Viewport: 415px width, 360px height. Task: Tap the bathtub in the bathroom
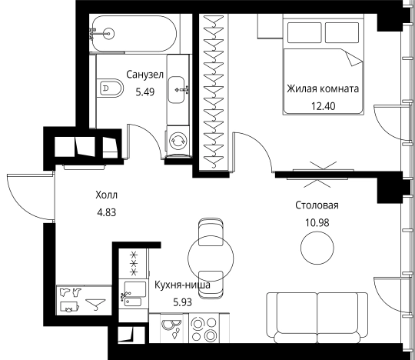(x=134, y=33)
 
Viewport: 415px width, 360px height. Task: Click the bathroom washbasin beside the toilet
(x=177, y=90)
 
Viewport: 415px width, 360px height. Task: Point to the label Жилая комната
(x=323, y=88)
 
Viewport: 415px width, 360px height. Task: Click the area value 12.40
(x=323, y=106)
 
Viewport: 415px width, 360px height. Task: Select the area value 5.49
(x=144, y=92)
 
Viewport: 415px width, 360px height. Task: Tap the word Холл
(x=106, y=195)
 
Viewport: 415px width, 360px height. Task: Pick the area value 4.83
(x=107, y=212)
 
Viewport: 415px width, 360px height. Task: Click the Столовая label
(x=317, y=205)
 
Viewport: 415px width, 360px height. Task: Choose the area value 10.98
(x=317, y=223)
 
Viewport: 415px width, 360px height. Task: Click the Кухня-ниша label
(x=182, y=285)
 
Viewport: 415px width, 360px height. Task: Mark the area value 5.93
(x=183, y=302)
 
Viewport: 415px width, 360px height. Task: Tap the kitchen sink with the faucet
(x=134, y=294)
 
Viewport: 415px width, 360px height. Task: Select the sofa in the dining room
(x=317, y=318)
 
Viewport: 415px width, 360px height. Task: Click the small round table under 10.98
(x=317, y=248)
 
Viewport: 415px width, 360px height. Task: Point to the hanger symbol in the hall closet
(x=95, y=304)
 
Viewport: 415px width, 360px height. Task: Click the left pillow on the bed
(x=304, y=32)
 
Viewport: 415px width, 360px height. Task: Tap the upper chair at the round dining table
(x=211, y=232)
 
